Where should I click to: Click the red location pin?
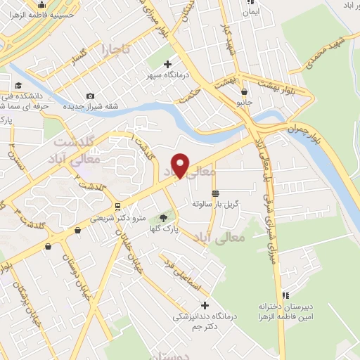[x=181, y=165]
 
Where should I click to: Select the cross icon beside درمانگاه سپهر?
[x=167, y=65]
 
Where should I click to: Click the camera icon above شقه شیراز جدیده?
[x=90, y=96]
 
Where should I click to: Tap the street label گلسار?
[x=73, y=55]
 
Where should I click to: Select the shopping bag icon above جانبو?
[x=243, y=91]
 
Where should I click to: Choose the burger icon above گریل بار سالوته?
[x=215, y=193]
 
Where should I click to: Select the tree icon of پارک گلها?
[x=165, y=218]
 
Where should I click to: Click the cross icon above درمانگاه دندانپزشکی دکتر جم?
[x=205, y=305]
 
